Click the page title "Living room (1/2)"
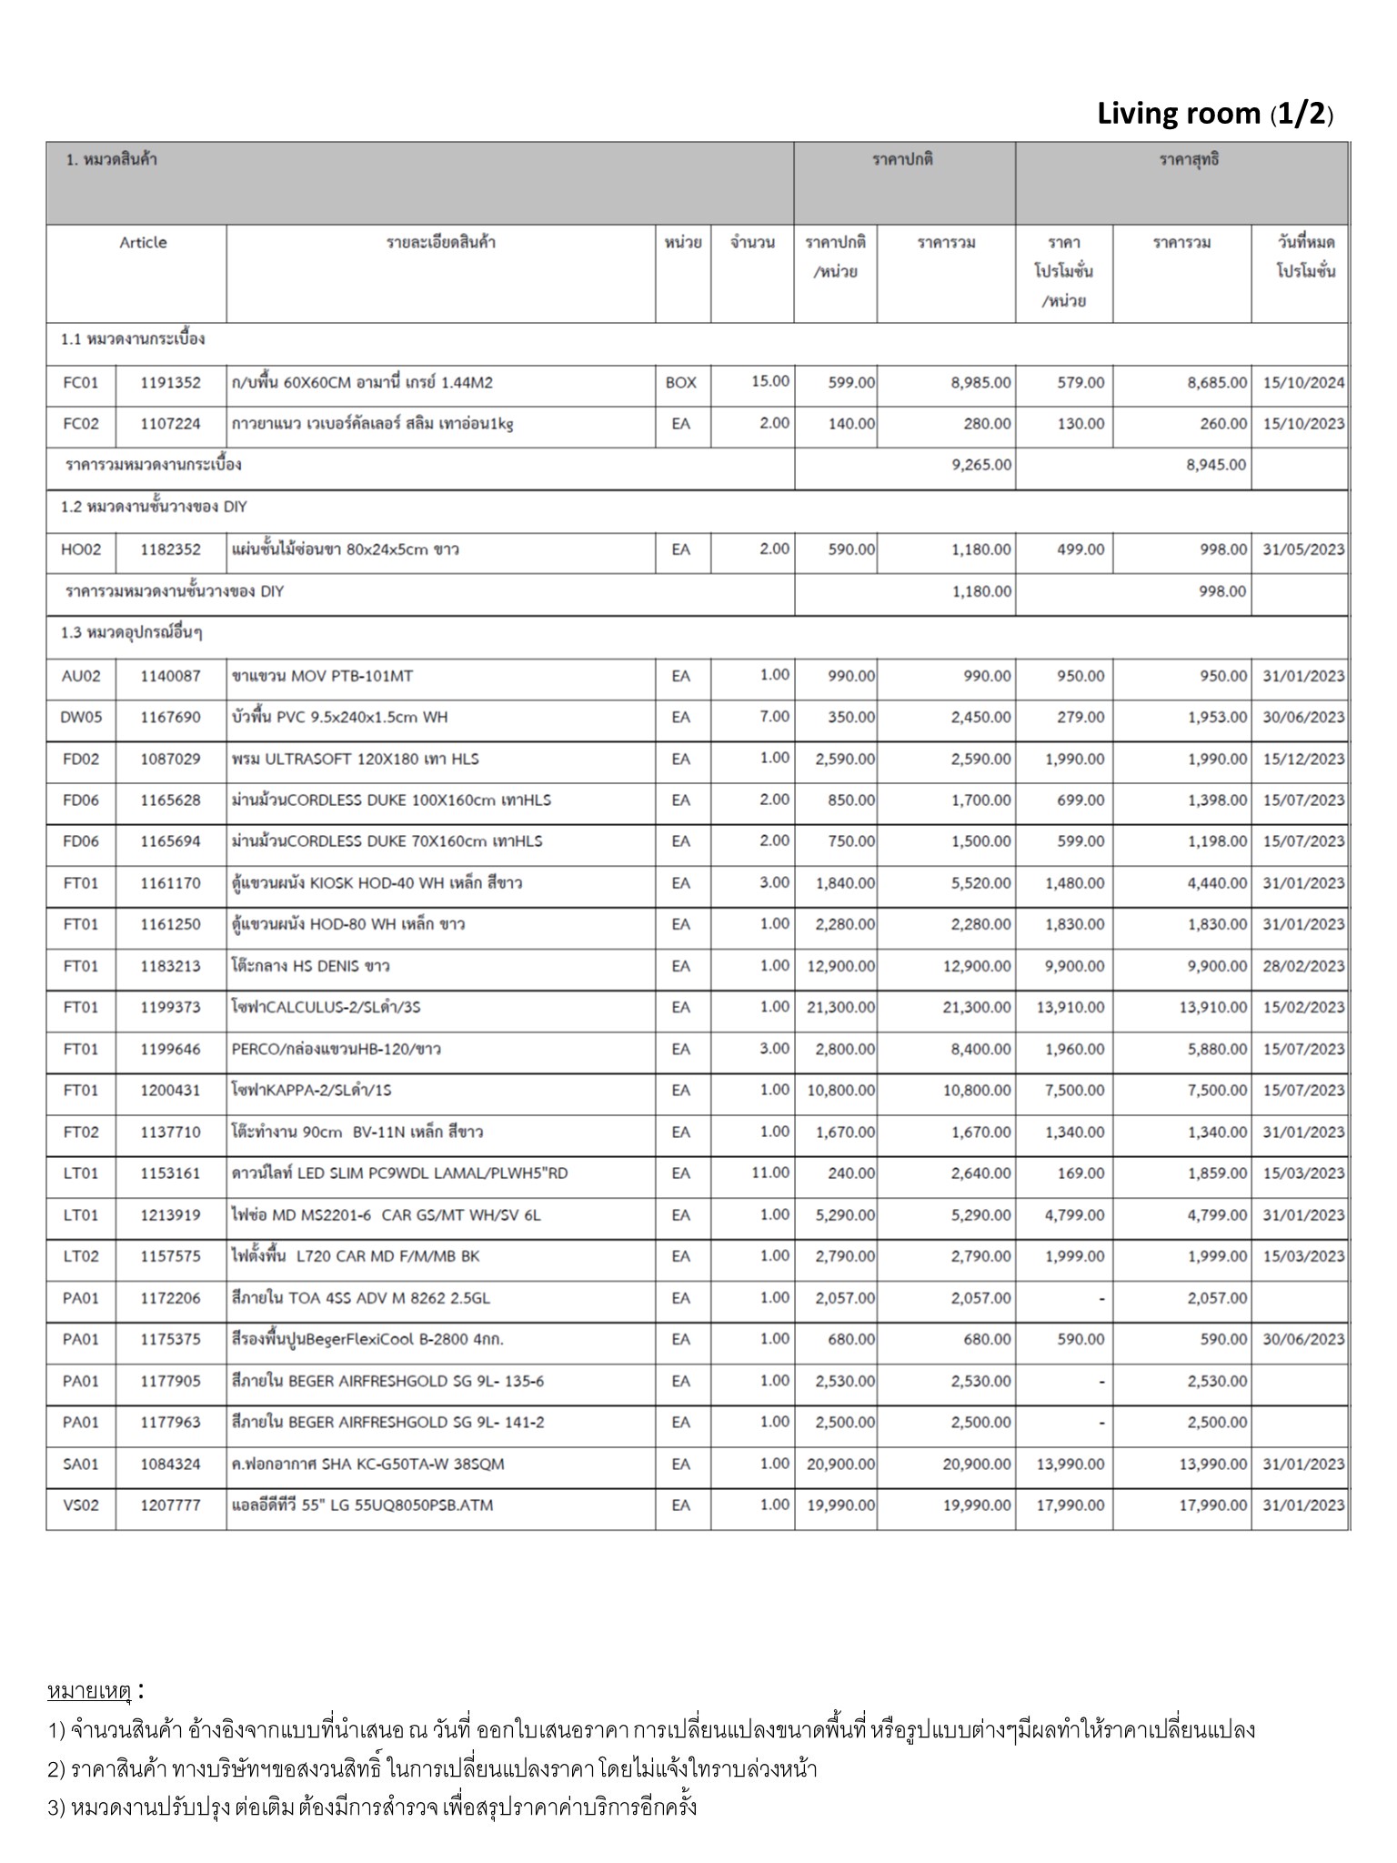tap(1215, 115)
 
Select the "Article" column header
tap(143, 243)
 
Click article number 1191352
tap(170, 383)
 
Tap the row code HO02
tap(81, 549)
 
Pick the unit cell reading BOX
tap(680, 383)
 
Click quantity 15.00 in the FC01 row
tap(770, 381)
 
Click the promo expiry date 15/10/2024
tap(1302, 383)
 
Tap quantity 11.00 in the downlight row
tap(770, 1173)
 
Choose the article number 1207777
tap(170, 1506)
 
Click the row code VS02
tap(81, 1506)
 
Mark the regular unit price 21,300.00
tap(840, 1008)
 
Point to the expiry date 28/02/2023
tap(1302, 966)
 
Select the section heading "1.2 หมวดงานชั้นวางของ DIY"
tap(154, 507)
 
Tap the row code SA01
tap(81, 1464)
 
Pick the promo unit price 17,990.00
tap(1070, 1506)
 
